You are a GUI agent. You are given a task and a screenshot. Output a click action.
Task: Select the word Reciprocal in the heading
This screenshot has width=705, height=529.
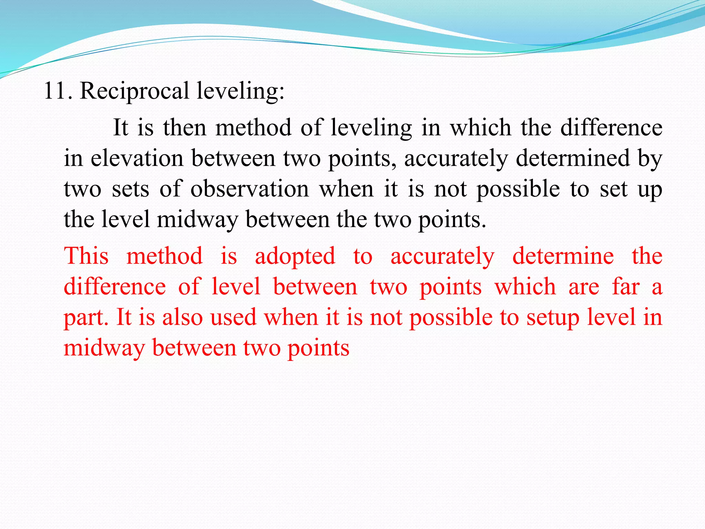tap(134, 91)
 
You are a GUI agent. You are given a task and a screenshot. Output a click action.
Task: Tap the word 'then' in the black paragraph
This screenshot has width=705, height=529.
tap(185, 128)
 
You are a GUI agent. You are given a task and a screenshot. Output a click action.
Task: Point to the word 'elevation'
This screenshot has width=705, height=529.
tap(137, 159)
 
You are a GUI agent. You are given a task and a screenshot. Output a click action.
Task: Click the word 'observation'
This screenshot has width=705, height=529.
tap(250, 189)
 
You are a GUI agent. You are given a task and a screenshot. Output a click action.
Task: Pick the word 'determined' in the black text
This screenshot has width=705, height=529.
tap(572, 159)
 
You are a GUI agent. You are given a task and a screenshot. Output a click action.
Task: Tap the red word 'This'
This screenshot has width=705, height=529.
tap(86, 256)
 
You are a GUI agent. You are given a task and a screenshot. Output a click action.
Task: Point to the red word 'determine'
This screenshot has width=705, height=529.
tap(563, 256)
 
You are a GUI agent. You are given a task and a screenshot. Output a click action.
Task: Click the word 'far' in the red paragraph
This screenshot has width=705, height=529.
tap(625, 287)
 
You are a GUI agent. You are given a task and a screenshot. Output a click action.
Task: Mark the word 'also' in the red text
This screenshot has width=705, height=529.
tap(182, 317)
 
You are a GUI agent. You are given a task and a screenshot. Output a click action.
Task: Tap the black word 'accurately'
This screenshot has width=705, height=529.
tap(456, 159)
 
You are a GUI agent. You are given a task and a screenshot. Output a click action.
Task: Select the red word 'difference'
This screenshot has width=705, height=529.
tap(115, 287)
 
